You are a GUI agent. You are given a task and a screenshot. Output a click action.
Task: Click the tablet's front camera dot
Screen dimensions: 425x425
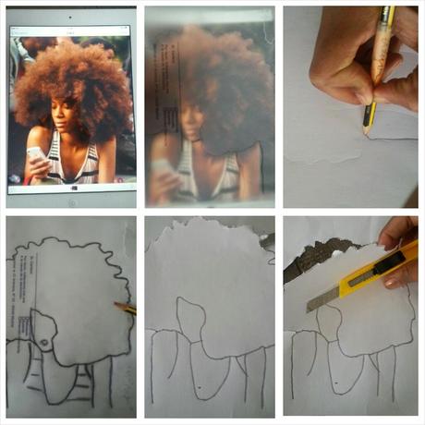[x=71, y=17]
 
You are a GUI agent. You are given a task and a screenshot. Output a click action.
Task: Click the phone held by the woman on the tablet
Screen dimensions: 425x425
[x=36, y=158]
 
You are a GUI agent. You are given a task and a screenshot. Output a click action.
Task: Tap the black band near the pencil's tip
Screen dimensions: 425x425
[x=370, y=115]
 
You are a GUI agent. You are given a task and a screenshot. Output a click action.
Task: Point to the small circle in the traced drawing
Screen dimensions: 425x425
[x=42, y=343]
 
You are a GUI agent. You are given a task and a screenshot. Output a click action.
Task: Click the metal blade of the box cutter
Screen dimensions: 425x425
[x=323, y=297]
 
